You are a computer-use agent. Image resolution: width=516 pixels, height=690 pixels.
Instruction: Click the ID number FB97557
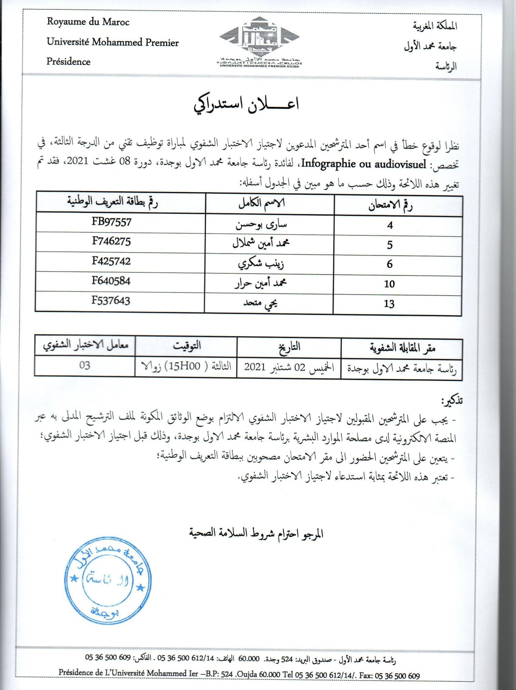click(111, 222)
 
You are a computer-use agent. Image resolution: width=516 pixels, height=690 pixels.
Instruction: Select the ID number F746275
click(111, 242)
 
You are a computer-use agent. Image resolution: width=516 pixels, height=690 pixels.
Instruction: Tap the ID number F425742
click(111, 261)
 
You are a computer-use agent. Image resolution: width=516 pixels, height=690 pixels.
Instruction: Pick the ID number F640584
click(111, 281)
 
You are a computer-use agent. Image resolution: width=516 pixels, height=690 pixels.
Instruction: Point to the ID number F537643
click(111, 301)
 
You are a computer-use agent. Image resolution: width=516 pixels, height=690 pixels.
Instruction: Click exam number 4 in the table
click(390, 225)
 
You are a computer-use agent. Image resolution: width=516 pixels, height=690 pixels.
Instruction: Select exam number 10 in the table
click(390, 284)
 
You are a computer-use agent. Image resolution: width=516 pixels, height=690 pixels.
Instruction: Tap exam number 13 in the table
click(390, 304)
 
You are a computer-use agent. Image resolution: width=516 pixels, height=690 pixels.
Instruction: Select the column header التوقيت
click(186, 346)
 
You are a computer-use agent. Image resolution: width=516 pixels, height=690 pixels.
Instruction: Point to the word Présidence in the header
click(68, 61)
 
